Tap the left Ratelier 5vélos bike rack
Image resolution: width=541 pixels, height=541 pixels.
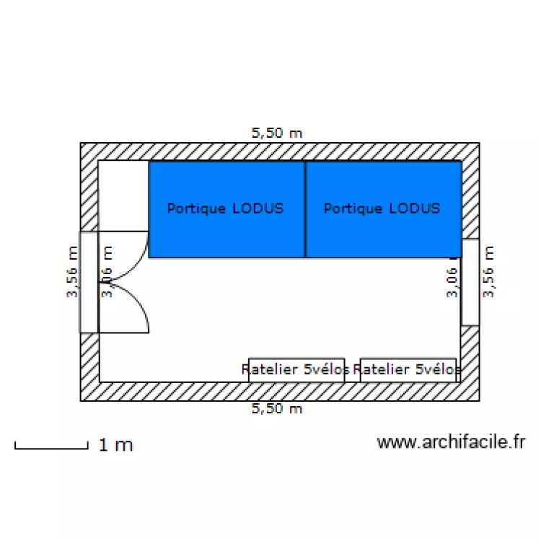(x=296, y=369)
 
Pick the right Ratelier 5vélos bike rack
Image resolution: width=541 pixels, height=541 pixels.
(x=408, y=369)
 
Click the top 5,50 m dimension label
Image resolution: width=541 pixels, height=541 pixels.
(x=276, y=133)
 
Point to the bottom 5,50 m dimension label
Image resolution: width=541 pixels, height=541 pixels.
(x=276, y=409)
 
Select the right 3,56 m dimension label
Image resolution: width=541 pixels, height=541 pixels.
(x=489, y=272)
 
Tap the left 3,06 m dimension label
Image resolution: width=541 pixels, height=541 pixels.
(x=107, y=272)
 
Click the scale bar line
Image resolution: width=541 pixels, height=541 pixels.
(x=50, y=449)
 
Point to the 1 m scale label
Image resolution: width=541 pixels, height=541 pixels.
(x=115, y=445)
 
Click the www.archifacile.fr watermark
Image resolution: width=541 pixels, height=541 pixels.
(x=451, y=442)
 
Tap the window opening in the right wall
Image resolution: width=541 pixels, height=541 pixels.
(x=470, y=281)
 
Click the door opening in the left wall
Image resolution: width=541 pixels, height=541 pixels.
(x=89, y=282)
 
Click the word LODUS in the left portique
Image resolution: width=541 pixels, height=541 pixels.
(x=258, y=208)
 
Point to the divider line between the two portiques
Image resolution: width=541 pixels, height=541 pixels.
(x=305, y=209)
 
